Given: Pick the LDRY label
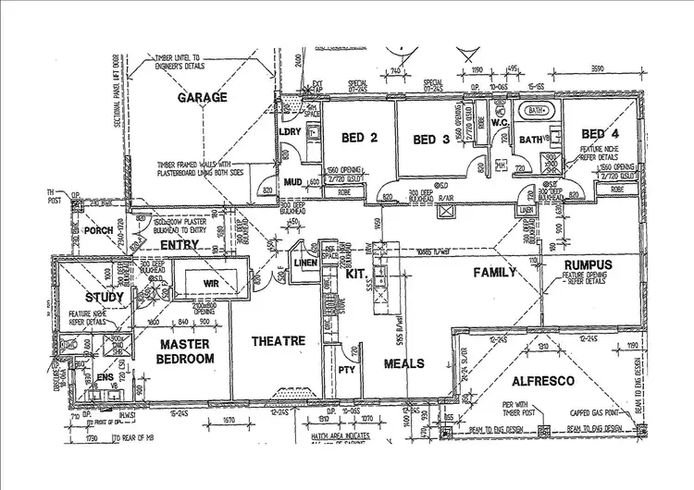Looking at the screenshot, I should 292,131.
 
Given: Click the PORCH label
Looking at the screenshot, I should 98,231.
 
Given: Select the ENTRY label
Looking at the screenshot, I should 180,244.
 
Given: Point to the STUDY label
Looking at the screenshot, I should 104,297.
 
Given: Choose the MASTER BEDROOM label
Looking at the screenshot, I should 186,351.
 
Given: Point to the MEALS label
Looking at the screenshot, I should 404,362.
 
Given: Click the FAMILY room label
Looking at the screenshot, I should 496,272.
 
